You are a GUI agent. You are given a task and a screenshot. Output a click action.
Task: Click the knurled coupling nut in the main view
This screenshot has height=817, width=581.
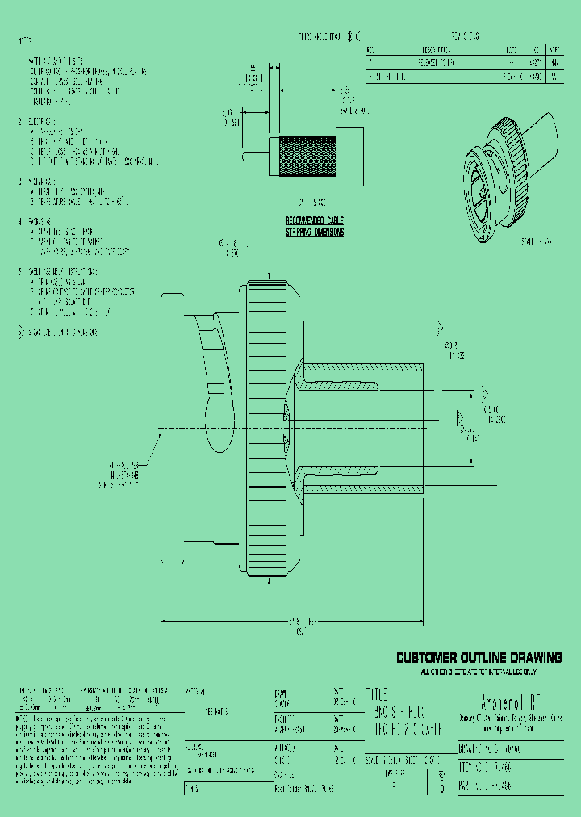[x=265, y=428]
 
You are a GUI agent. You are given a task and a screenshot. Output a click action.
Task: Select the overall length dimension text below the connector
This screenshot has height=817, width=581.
[x=302, y=624]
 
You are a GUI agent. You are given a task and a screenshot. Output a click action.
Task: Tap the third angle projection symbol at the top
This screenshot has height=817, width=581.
[x=353, y=36]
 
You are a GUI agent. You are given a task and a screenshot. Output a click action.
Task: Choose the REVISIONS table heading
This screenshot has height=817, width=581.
[x=464, y=36]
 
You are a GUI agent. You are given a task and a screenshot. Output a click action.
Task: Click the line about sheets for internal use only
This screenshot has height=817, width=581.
[x=479, y=672]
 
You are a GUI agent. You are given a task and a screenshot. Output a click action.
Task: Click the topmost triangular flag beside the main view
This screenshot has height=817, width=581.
[x=440, y=328]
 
